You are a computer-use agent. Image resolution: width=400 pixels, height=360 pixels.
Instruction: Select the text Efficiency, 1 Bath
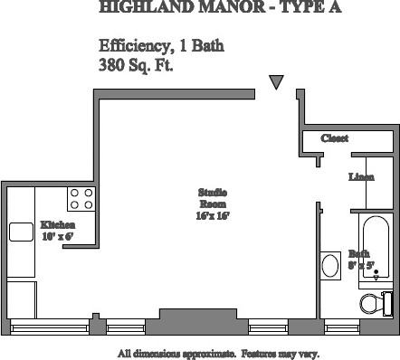pos(161,46)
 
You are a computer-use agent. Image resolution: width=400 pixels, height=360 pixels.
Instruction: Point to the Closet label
pos(335,138)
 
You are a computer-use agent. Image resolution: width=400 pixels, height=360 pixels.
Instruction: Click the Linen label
pos(361,177)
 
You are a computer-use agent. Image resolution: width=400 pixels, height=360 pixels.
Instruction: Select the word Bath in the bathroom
pos(358,253)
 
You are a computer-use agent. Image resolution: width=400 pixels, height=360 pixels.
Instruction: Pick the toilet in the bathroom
pos(373,302)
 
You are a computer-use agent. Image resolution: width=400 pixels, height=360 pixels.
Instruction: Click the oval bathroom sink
pos(330,266)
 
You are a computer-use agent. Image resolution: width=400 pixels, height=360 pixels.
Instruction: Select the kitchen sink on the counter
pos(21,232)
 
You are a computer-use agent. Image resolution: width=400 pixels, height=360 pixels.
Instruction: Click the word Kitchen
pos(57,224)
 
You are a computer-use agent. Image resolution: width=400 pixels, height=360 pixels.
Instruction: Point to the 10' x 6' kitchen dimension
pos(57,236)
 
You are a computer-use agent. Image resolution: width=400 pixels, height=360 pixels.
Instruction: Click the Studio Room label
pos(213,198)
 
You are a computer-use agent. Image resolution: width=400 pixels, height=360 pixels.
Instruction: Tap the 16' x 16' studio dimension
pos(213,216)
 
